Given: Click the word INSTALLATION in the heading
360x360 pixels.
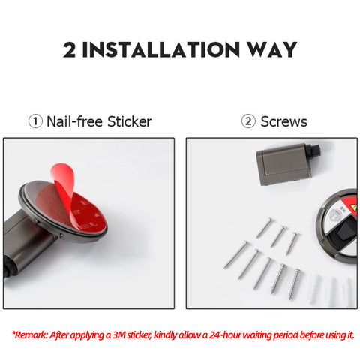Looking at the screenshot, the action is click(160, 49).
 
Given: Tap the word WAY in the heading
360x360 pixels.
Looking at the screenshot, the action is click(272, 49).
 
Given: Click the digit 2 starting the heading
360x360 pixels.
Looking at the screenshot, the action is click(69, 49).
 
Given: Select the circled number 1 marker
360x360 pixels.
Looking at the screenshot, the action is click(35, 121).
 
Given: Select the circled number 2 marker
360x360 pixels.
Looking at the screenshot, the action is click(248, 121).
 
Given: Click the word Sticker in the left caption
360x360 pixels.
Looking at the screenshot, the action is click(129, 122).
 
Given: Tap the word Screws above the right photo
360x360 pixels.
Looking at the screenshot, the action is click(283, 122).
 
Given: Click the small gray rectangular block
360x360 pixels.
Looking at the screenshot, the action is click(283, 164).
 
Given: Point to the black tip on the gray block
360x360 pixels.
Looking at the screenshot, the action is click(315, 151).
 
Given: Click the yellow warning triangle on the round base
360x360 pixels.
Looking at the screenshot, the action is click(354, 207).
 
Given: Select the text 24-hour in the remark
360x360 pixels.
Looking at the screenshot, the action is click(224, 334).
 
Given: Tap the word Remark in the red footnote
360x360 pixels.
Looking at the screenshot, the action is click(31, 335).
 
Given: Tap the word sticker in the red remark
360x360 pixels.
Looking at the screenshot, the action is click(139, 335).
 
